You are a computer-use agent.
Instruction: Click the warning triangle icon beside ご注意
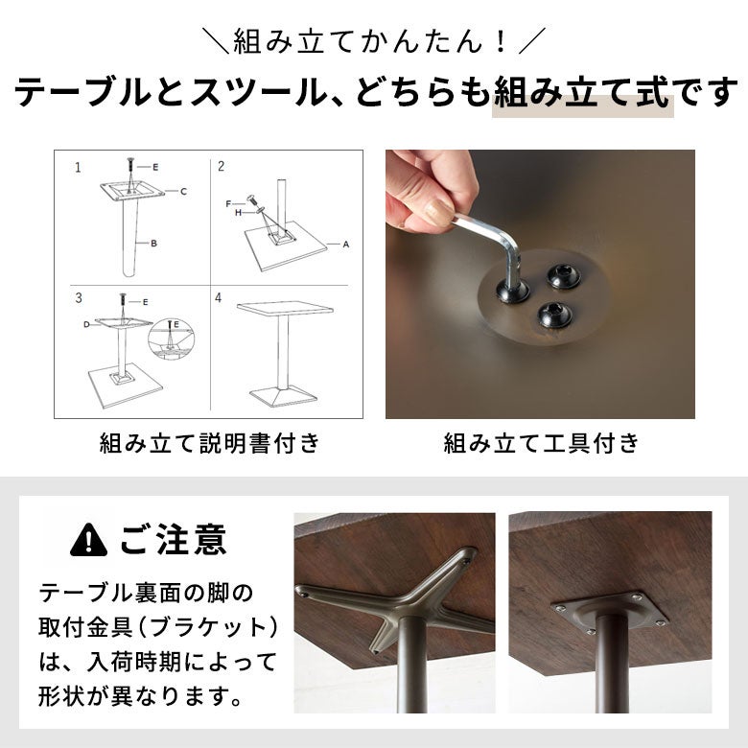pyautogui.click(x=88, y=540)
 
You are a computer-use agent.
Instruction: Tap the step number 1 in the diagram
pyautogui.click(x=78, y=168)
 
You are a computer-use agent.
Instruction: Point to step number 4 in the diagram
pyautogui.click(x=218, y=298)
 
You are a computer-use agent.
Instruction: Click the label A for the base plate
pyautogui.click(x=346, y=245)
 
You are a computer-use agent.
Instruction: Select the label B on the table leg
pyautogui.click(x=153, y=244)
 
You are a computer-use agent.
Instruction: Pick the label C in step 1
pyautogui.click(x=184, y=191)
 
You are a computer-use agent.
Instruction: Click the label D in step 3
pyautogui.click(x=86, y=324)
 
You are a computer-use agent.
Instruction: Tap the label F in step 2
pyautogui.click(x=228, y=203)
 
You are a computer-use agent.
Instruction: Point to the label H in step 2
pyautogui.click(x=238, y=213)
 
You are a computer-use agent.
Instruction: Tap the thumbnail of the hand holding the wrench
pyautogui.click(x=540, y=284)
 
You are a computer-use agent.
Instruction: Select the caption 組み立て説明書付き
pyautogui.click(x=209, y=443)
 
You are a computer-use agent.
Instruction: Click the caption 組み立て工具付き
pyautogui.click(x=541, y=443)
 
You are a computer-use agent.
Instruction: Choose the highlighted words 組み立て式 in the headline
pyautogui.click(x=582, y=94)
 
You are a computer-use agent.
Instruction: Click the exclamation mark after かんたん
pyautogui.click(x=501, y=42)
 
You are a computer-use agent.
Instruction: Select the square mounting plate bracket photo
pyautogui.click(x=610, y=613)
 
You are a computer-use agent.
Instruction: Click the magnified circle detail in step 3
pyautogui.click(x=171, y=337)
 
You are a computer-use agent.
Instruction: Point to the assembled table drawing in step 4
pyautogui.click(x=283, y=354)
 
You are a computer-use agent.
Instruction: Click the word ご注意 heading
pyautogui.click(x=173, y=540)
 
